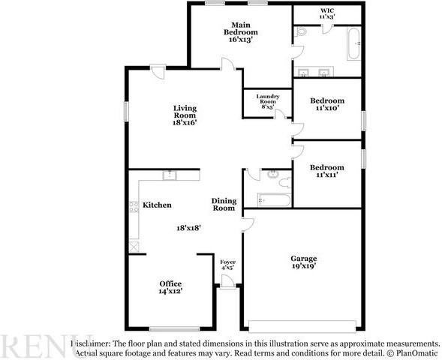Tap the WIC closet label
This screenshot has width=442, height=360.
point(327,13)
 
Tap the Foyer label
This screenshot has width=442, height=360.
point(227,262)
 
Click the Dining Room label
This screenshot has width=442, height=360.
point(224,204)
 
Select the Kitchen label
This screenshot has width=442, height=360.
point(157,205)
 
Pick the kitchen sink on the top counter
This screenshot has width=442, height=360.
point(170,175)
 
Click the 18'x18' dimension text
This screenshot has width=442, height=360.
point(190,227)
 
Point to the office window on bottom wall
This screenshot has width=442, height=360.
point(173,329)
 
